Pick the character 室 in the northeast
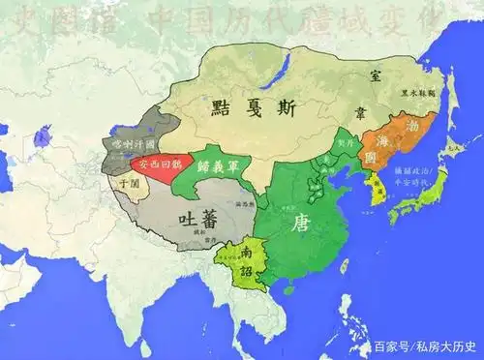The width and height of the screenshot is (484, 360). (x=374, y=73)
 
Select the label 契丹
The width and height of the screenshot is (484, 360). (x=346, y=147)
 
